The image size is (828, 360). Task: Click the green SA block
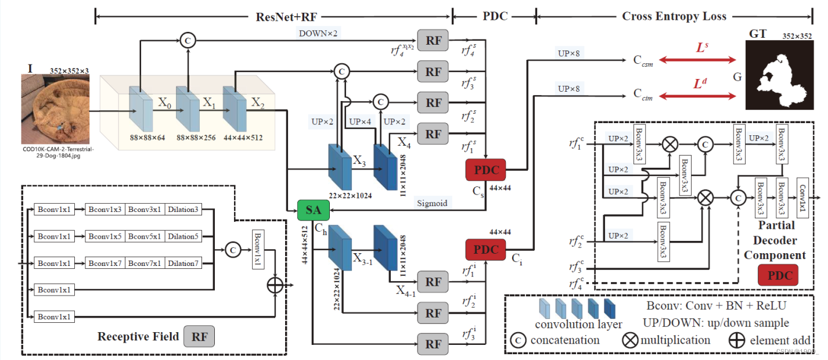point(314,210)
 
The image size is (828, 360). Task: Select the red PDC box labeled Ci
point(485,249)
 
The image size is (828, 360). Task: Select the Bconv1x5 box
point(105,236)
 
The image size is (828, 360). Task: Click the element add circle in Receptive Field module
point(274,285)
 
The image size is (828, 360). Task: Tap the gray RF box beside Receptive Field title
point(199,336)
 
